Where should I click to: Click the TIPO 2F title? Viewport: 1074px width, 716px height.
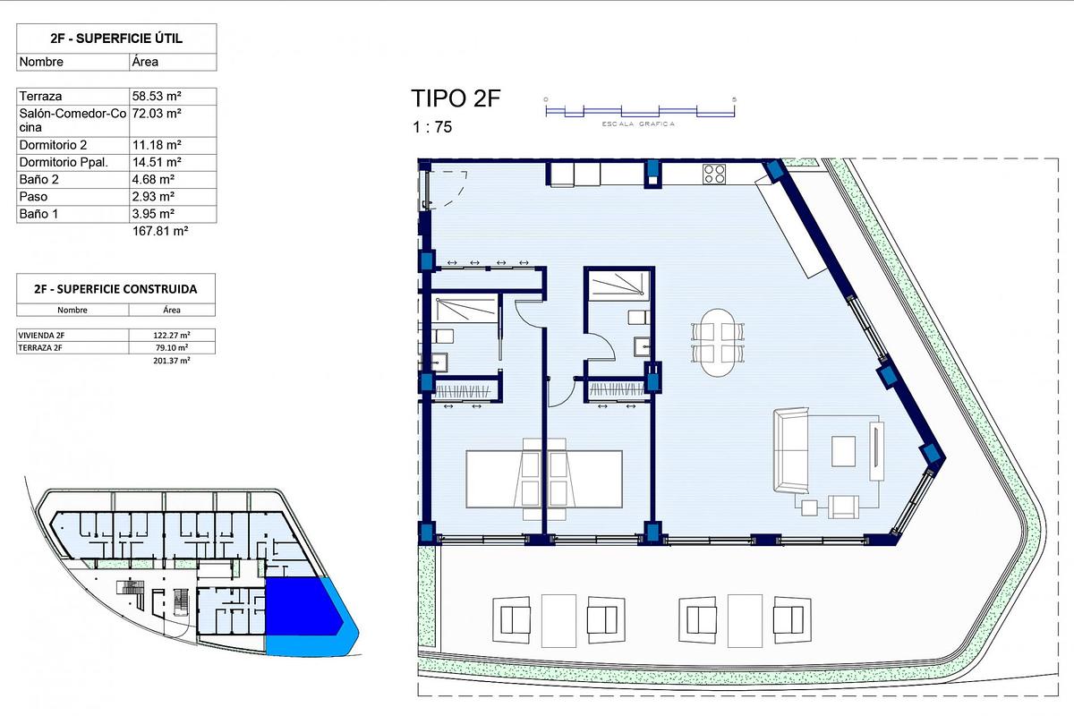pyautogui.click(x=455, y=98)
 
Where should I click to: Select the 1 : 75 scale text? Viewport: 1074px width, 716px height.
pyautogui.click(x=431, y=127)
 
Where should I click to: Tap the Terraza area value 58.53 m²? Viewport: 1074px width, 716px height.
pyautogui.click(x=157, y=96)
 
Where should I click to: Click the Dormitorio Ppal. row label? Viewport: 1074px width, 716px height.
pyautogui.click(x=63, y=162)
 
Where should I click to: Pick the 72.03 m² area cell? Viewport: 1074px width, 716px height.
pyautogui.click(x=157, y=114)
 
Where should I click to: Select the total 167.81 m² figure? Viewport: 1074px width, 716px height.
pyautogui.click(x=161, y=231)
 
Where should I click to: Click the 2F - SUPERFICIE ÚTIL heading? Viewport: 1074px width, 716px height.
pyautogui.click(x=116, y=38)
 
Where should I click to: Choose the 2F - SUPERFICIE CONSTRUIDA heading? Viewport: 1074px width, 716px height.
pyautogui.click(x=116, y=289)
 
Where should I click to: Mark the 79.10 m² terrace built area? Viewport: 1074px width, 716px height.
pyautogui.click(x=171, y=347)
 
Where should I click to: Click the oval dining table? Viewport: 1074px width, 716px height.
pyautogui.click(x=719, y=343)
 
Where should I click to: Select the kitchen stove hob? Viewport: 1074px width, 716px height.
pyautogui.click(x=714, y=174)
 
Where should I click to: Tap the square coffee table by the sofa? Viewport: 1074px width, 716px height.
pyautogui.click(x=844, y=450)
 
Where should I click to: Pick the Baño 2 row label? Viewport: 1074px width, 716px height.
pyautogui.click(x=41, y=179)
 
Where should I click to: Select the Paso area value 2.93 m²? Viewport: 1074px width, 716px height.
pyautogui.click(x=153, y=196)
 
